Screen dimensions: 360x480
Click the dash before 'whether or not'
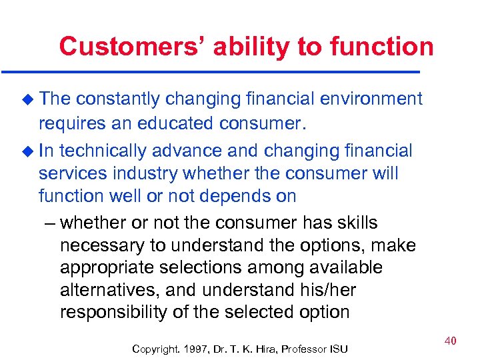48,223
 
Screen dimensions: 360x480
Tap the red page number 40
450,341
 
